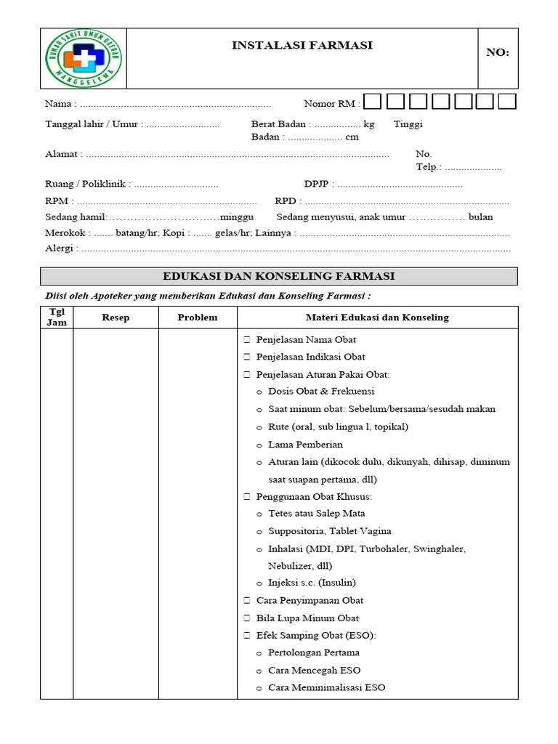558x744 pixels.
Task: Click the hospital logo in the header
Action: click(x=83, y=58)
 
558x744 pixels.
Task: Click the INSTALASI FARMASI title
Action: click(x=302, y=46)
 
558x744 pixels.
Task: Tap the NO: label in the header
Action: click(x=498, y=52)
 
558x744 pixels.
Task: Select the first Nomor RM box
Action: click(x=373, y=102)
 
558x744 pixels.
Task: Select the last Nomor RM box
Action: click(x=507, y=102)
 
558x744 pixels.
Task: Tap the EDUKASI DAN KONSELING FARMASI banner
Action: click(x=279, y=276)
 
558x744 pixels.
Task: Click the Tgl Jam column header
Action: click(x=57, y=318)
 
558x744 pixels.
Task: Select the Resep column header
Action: click(x=116, y=318)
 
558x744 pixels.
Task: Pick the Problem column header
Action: click(x=198, y=318)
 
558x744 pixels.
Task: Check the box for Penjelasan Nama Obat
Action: click(x=247, y=340)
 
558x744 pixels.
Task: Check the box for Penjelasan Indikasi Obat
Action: click(x=247, y=357)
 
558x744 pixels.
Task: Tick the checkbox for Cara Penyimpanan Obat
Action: click(x=247, y=601)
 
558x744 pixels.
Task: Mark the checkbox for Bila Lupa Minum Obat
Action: click(x=247, y=618)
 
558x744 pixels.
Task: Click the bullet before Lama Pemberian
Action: click(x=260, y=445)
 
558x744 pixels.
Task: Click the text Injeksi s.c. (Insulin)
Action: click(x=312, y=583)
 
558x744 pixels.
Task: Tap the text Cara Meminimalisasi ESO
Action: click(x=326, y=687)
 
